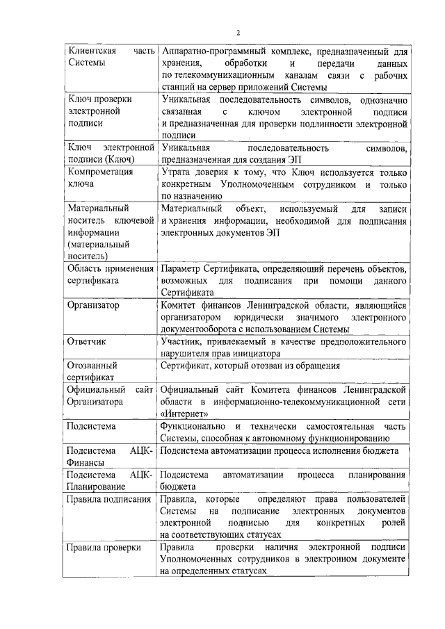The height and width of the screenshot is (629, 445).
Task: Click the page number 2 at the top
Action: tap(237, 33)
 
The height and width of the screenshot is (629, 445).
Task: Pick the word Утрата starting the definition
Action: tap(175, 172)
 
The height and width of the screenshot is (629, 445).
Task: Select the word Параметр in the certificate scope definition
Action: tap(181, 268)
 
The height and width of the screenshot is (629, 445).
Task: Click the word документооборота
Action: tap(201, 329)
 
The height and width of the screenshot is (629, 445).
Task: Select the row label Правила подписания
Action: tap(107, 499)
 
